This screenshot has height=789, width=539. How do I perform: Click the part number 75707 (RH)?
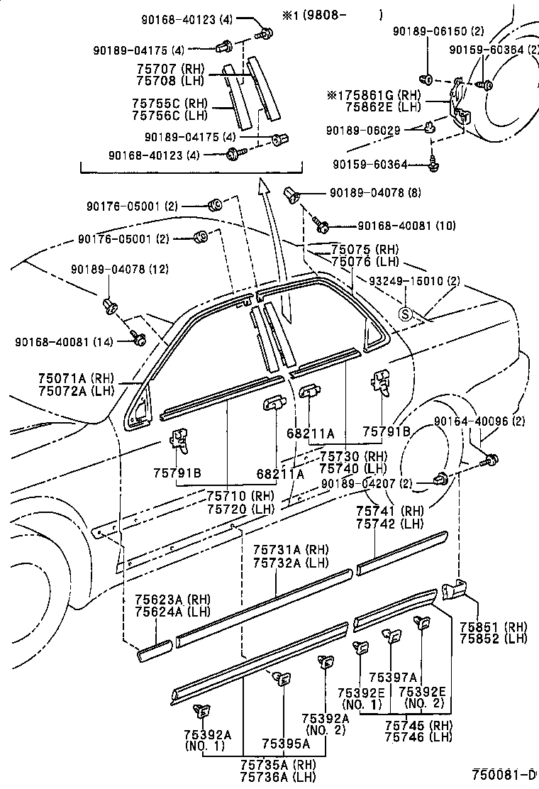[x=169, y=69]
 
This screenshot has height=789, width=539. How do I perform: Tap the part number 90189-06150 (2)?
[x=439, y=31]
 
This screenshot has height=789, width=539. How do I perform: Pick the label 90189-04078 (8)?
[x=375, y=192]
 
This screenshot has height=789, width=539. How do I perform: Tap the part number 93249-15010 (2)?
[x=416, y=281]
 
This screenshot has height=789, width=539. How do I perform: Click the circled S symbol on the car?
[x=406, y=314]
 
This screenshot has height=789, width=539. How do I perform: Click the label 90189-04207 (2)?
[x=365, y=484]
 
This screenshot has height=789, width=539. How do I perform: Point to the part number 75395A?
[x=285, y=743]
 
